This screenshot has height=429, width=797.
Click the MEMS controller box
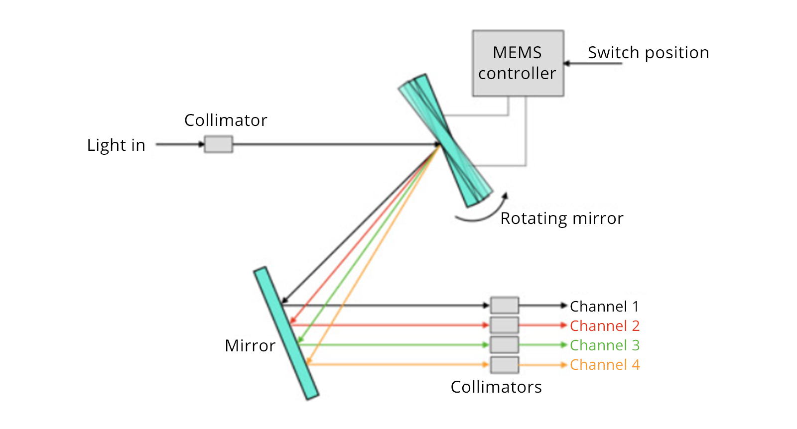point(518,63)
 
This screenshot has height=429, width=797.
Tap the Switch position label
point(648,53)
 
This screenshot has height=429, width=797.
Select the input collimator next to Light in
point(219,144)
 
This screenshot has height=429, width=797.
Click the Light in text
point(116,145)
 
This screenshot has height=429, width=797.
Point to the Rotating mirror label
point(561,218)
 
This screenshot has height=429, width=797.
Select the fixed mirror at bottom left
point(286,333)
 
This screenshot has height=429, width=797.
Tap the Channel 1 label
point(604,306)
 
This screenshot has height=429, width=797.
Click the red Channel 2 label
point(604,326)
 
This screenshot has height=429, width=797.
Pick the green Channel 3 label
point(604,345)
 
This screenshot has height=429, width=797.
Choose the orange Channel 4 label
point(604,365)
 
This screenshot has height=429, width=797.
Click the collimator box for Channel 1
point(504,305)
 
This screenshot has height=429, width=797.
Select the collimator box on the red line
point(504,325)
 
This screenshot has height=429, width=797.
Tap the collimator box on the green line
point(504,344)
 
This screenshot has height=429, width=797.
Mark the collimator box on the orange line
point(504,365)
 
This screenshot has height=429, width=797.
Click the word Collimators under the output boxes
point(496,387)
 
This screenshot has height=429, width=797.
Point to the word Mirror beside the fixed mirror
point(250,346)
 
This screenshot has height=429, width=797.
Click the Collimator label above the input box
point(226,120)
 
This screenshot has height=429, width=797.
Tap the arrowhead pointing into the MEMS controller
point(567,63)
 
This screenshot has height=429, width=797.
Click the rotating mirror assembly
point(445,140)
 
